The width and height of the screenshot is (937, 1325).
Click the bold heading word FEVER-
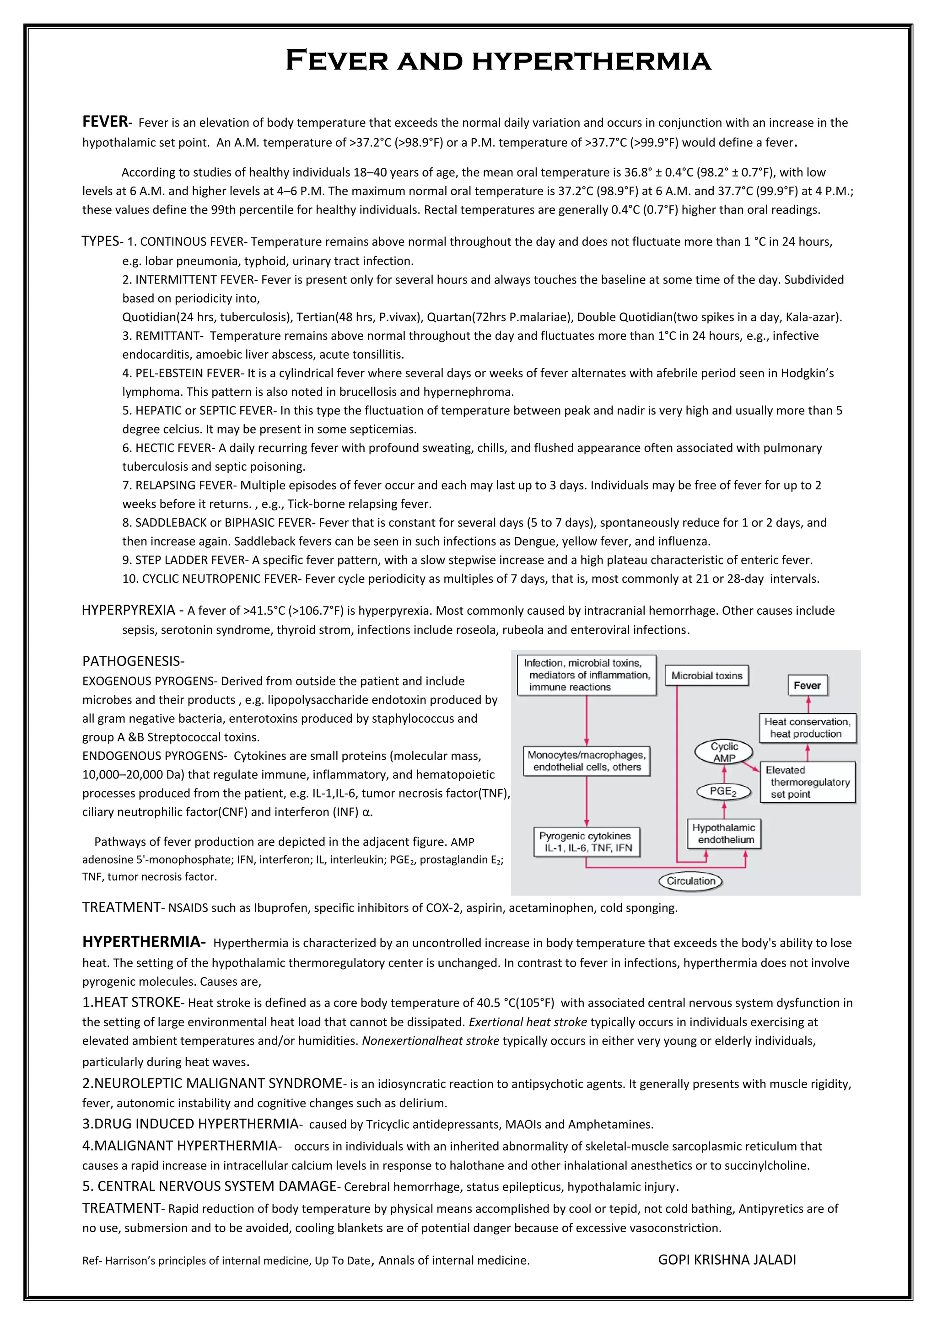pos(107,122)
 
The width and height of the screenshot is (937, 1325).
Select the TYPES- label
pos(102,241)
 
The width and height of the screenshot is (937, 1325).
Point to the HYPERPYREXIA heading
pos(129,611)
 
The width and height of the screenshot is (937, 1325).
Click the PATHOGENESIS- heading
pos(133,661)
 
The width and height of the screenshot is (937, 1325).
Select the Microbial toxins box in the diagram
pos(707,676)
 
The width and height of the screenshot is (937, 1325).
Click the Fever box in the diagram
pos(807,686)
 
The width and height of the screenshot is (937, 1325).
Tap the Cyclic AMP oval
pos(724,752)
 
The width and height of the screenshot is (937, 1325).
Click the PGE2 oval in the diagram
pos(723,792)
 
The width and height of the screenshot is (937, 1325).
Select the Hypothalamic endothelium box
pos(724,834)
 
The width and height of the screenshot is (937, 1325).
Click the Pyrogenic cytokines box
pos(586,842)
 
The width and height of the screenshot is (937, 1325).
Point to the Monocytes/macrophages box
pos(587,761)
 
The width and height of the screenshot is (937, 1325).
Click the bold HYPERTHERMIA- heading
pos(143,942)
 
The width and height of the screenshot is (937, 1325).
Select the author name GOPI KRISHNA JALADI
pos(727,1260)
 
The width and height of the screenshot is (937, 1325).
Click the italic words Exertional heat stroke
pos(528,1023)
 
